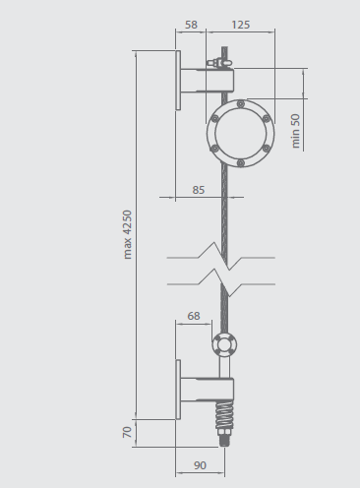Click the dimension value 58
point(191,25)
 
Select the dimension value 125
point(241,25)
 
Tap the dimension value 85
point(199,190)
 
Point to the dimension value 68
point(194,316)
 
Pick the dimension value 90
point(200,465)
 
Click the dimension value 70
point(127,432)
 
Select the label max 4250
point(127,235)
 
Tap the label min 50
point(295,131)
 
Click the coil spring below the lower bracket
point(224,415)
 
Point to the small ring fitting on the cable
point(224,344)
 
